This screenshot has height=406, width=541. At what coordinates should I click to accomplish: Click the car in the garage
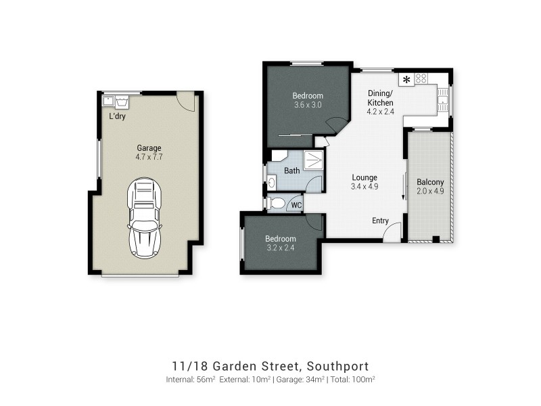click(145, 218)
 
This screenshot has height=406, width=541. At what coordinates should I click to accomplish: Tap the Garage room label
click(149, 148)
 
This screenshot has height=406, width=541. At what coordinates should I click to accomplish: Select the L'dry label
click(117, 116)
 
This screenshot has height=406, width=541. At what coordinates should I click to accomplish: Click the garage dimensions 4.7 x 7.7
click(149, 157)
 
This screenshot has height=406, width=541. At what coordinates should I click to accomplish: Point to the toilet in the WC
click(276, 203)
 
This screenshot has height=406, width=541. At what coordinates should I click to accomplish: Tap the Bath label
click(291, 171)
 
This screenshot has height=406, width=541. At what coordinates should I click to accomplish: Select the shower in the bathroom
click(313, 160)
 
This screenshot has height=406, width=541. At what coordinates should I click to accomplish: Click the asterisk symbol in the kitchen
click(406, 80)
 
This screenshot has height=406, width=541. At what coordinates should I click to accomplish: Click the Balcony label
click(430, 182)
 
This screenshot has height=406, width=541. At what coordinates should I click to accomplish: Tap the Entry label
click(381, 221)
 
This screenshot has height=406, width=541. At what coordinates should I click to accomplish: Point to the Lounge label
click(363, 177)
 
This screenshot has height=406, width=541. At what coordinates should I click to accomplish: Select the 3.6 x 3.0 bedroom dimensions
click(308, 105)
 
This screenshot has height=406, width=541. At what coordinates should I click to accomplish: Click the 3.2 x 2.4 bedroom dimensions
click(280, 248)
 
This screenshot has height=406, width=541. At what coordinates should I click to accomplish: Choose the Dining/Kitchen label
click(380, 97)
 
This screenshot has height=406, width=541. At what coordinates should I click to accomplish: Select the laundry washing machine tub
click(122, 101)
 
